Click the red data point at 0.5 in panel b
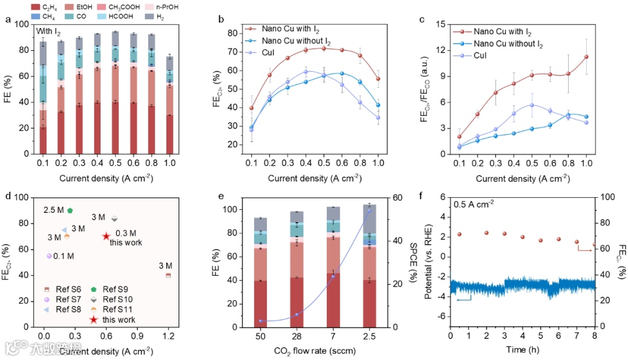(x=324, y=48)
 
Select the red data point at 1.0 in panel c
(x=586, y=56)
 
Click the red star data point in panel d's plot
(x=106, y=236)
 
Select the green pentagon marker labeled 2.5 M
(x=70, y=211)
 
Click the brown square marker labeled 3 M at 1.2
(x=169, y=275)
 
